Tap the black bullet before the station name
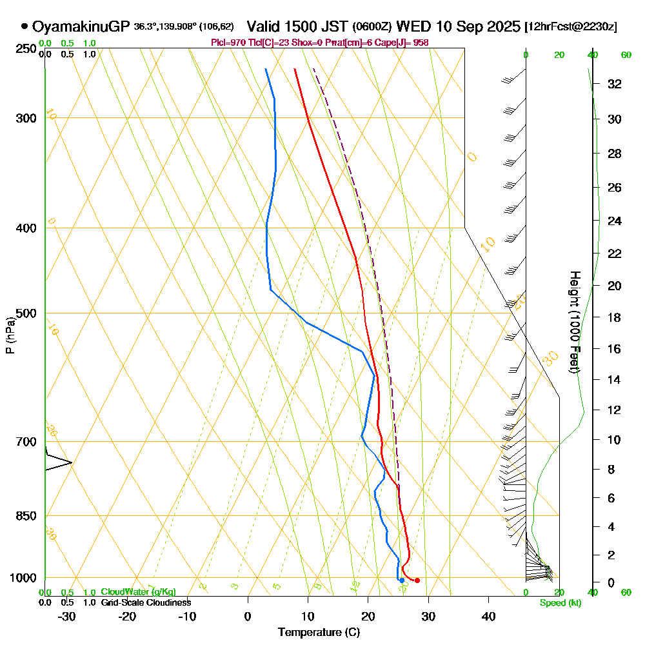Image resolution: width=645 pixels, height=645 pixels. coord(25,26)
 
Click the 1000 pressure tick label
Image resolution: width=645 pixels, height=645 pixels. coord(23,578)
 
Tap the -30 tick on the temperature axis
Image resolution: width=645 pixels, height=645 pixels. coord(67,616)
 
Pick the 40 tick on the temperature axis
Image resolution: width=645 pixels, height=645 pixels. coord(488,616)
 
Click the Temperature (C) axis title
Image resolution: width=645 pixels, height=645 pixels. coord(319,633)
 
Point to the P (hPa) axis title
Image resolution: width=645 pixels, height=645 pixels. coord(10,335)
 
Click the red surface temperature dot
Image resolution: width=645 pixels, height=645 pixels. coord(417,580)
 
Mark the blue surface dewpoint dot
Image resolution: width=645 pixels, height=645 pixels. coord(401,580)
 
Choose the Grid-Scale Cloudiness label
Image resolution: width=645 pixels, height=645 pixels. coord(145,602)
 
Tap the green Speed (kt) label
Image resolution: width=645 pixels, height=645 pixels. coord(560,603)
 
